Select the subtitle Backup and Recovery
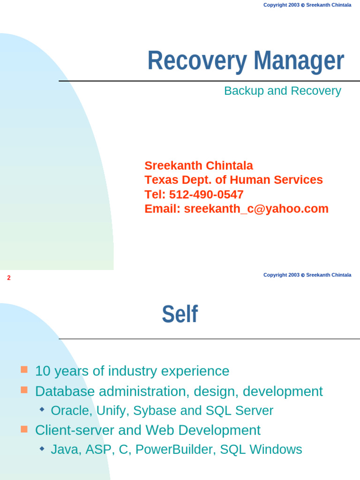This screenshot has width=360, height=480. point(282,91)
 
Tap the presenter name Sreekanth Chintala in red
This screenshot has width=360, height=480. point(199,165)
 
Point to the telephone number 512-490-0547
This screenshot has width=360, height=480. point(206,195)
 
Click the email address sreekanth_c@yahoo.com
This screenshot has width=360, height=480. point(256,209)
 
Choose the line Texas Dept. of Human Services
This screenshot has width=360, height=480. point(233,180)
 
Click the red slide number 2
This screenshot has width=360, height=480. point(9,278)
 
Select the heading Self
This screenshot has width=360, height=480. point(180,315)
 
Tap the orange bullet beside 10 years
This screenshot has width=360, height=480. point(24,369)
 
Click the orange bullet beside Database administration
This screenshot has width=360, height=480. point(24,390)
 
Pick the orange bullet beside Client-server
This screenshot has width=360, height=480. point(24,428)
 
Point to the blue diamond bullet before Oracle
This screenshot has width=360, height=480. point(42,409)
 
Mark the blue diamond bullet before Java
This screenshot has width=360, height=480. point(42,449)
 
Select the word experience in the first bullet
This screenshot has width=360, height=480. point(195,371)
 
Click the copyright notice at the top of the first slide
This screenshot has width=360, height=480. point(307,5)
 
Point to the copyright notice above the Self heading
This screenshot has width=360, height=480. point(307,275)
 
